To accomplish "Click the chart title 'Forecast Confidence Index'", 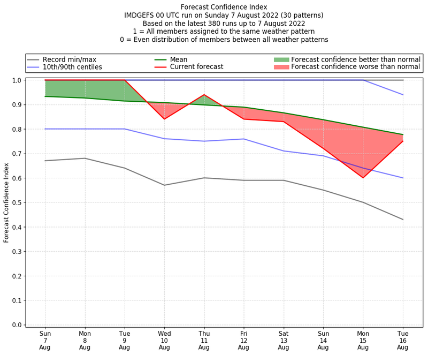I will [224, 7].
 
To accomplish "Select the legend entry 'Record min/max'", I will [69, 59].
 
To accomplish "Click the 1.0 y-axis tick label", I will [17, 80].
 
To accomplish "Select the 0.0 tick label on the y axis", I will [17, 325].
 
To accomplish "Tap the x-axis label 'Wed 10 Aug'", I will [164, 340].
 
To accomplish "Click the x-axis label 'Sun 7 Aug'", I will [45, 340].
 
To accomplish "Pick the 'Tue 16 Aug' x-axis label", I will [403, 340].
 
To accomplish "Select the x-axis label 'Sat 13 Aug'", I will [284, 340].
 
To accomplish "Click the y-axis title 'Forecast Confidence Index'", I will [7, 202].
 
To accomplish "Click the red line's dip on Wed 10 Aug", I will [164, 119].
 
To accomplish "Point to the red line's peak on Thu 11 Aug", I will [204, 95].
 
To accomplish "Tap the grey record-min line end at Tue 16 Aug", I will [403, 220].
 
